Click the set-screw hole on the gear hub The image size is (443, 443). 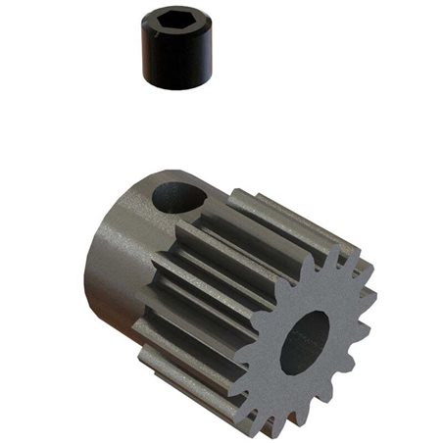(x=179, y=199)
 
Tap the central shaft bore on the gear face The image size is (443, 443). (x=305, y=344)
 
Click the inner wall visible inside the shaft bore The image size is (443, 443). (x=316, y=338)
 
